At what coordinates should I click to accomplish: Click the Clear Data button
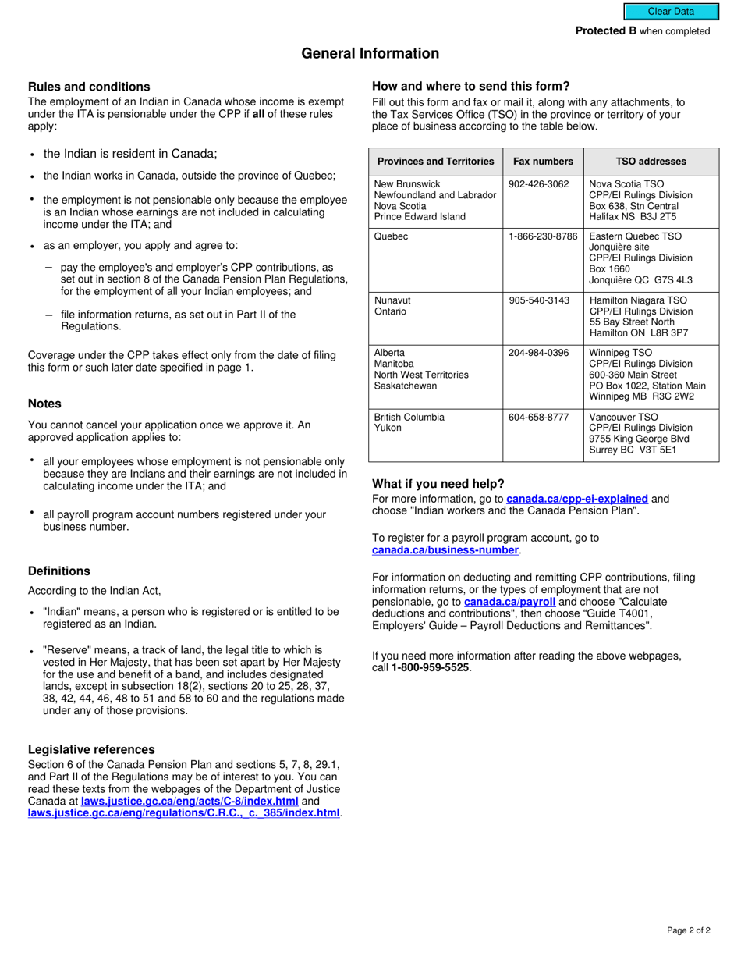tap(670, 12)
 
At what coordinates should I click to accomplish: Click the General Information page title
tap(370, 53)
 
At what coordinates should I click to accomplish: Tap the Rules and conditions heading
tap(89, 87)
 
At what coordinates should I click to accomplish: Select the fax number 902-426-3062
tap(539, 184)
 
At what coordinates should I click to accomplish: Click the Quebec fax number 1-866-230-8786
tap(543, 236)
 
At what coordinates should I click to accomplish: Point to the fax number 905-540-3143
tap(539, 300)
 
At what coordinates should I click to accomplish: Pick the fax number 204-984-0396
tap(539, 353)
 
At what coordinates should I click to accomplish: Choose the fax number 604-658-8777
tap(539, 418)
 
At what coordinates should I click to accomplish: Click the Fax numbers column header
tap(543, 162)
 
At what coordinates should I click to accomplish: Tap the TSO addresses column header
tap(651, 162)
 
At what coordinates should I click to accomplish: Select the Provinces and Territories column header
tap(436, 162)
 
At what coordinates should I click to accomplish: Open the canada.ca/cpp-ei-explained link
tap(577, 499)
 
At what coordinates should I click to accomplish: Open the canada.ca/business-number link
tap(445, 550)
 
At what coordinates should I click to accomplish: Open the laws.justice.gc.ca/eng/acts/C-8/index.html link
tap(190, 801)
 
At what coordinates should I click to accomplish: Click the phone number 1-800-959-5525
tap(431, 667)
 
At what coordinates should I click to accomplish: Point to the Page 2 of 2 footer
tap(689, 930)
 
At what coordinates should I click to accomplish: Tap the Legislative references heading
tap(91, 749)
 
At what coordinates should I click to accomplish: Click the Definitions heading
tap(59, 571)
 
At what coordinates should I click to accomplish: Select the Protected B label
tap(606, 31)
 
